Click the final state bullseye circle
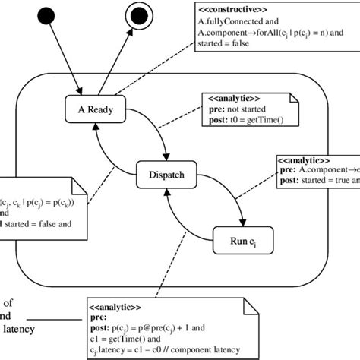pos(138,14)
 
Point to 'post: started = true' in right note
pos(315,182)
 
